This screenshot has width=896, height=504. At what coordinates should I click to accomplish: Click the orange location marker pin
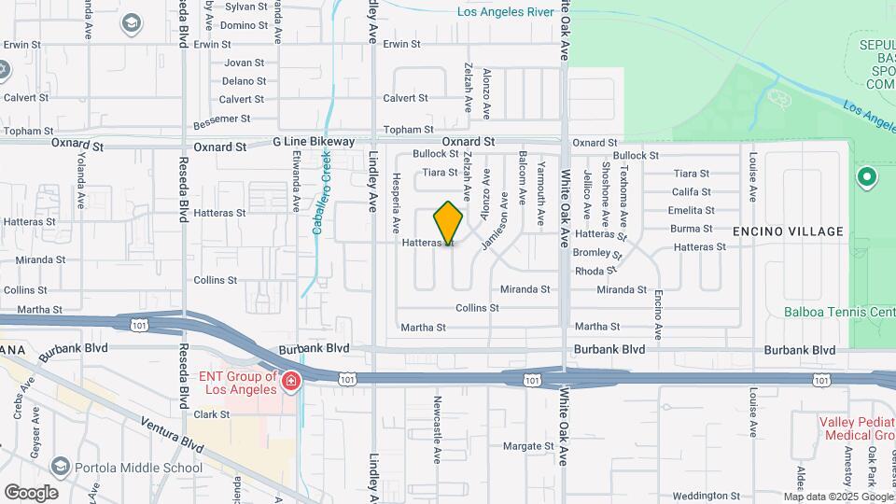point(448,223)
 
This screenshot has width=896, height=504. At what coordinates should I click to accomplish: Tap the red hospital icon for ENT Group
point(290,381)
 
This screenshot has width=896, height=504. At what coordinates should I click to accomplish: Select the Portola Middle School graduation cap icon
point(61,467)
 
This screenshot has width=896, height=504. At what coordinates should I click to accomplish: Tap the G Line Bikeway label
point(314,142)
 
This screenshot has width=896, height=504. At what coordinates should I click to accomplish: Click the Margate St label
point(528,446)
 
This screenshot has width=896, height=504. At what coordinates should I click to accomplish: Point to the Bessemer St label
point(222,119)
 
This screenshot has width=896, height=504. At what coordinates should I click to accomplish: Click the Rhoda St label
point(595,271)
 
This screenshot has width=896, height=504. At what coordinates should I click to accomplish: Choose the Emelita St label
point(691,211)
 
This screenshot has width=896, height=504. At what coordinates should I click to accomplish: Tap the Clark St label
point(212,414)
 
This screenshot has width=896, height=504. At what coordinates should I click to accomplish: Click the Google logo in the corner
point(31,492)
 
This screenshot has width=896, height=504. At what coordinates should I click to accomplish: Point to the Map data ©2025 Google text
point(837,497)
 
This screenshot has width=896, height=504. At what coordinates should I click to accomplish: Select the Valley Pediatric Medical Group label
point(856,428)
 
